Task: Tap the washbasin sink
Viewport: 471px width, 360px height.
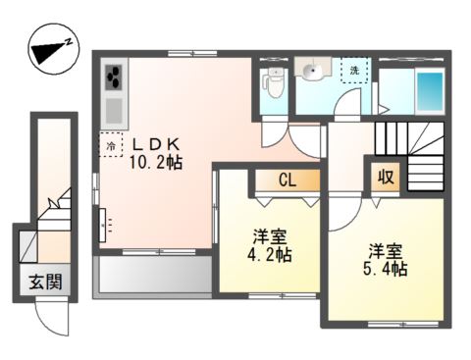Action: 314,71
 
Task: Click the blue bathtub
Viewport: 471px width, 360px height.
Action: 429,90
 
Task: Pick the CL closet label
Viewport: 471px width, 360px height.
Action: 287,180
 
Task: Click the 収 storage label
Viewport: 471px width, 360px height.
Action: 387,178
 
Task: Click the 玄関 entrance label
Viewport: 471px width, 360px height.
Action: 45,282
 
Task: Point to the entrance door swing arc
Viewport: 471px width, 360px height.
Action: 47,316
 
